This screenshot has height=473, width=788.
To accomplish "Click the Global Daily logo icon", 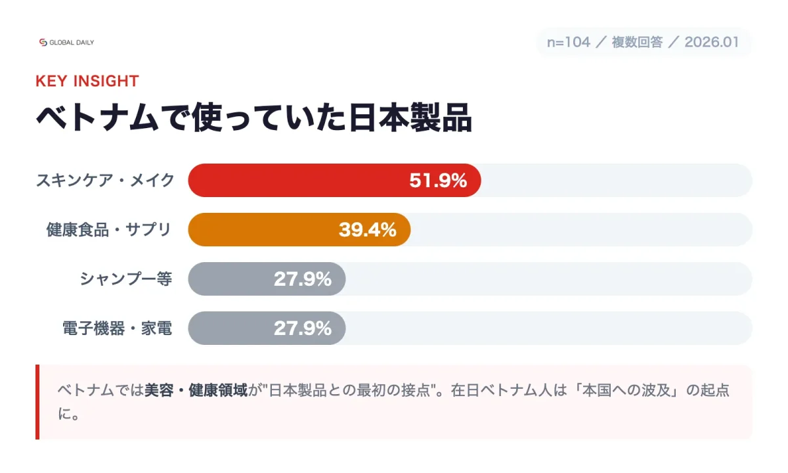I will click(43, 42).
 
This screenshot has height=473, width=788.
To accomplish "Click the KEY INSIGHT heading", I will click(87, 81).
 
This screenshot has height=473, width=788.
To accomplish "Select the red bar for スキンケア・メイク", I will click(295, 180).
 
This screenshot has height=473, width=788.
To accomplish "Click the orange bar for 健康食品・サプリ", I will click(263, 229).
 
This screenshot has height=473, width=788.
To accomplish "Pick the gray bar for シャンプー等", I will click(230, 279).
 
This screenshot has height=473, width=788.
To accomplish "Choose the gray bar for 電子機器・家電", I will click(230, 328).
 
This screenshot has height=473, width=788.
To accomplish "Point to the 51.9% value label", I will click(438, 181).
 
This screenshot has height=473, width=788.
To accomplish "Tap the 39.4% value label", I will click(368, 230).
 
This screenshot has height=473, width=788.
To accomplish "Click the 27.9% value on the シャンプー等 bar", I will click(303, 279).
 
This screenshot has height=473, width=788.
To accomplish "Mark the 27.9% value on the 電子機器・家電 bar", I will click(303, 328).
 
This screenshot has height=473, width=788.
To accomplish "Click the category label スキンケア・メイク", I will click(105, 180).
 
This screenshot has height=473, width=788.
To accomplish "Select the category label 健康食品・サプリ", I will click(109, 229).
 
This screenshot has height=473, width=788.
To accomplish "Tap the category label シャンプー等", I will click(126, 279).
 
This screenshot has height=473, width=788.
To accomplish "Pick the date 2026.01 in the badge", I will click(711, 43).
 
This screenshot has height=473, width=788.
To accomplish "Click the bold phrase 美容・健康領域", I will click(196, 390).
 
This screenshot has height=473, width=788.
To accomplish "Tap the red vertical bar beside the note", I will click(37, 401).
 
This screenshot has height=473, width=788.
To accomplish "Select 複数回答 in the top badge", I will click(637, 43).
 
